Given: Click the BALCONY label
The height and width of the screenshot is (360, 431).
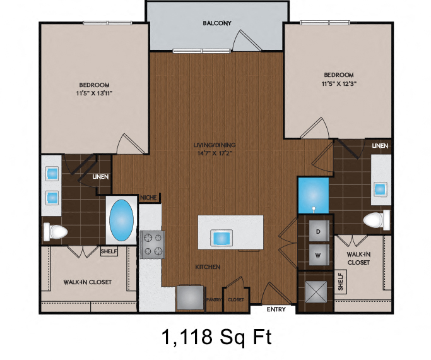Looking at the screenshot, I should (x=217, y=23).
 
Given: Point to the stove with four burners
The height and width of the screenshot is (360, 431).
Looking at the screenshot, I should (x=151, y=244).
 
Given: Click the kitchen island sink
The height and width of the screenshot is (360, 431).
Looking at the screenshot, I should (x=222, y=239).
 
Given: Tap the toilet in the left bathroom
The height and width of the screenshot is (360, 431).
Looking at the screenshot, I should (x=55, y=232).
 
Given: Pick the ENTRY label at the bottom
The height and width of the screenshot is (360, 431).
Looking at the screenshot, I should (x=276, y=309).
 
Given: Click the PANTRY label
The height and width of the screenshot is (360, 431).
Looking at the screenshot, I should (x=214, y=300).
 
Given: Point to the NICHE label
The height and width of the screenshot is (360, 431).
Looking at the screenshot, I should (x=148, y=198).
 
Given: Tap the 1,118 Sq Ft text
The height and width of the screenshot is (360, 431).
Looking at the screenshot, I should (x=217, y=337).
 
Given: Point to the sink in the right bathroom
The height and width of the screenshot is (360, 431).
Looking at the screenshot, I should (x=381, y=188).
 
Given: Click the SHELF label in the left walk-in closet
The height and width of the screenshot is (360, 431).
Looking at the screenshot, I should (x=109, y=251).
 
